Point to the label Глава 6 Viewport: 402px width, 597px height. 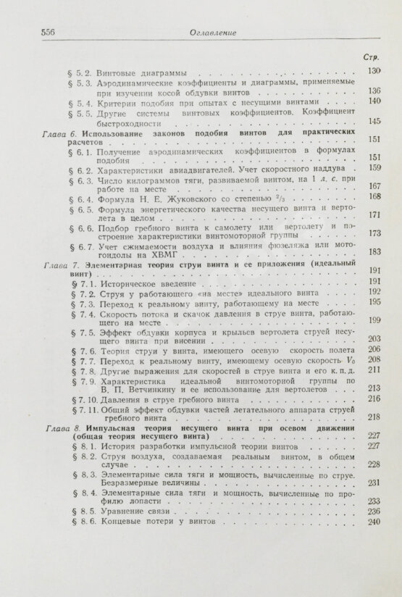coord(60,134)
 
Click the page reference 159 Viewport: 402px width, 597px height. coord(374,167)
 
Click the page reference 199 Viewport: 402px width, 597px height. coord(374,320)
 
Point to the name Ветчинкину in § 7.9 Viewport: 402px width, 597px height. coord(135,388)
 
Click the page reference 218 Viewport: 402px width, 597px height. coord(374,417)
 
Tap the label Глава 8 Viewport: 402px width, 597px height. coord(60,428)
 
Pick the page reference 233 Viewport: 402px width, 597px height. coord(374,501)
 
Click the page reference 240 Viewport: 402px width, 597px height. coord(374,522)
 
